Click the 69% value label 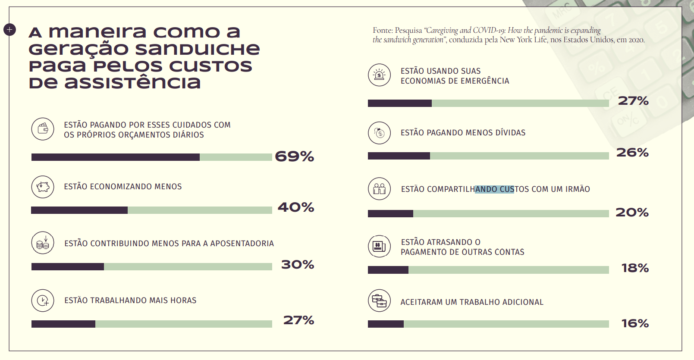[x=294, y=156]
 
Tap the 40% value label [x=295, y=207]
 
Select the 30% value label [x=297, y=264]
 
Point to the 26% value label [x=632, y=152]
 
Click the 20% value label [x=632, y=212]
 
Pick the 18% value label [x=635, y=268]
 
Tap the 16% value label [x=635, y=323]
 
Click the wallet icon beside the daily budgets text [x=43, y=128]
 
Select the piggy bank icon [x=43, y=187]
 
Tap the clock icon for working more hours [x=43, y=301]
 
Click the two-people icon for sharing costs [x=379, y=189]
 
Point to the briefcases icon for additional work [x=379, y=301]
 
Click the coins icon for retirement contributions [x=43, y=243]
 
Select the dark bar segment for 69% [x=115, y=157]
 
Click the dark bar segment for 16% [x=386, y=324]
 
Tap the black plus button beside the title [x=9, y=29]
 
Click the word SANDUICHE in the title [x=198, y=49]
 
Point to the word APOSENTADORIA [x=242, y=244]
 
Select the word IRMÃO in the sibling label [x=578, y=189]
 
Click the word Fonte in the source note [x=383, y=31]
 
